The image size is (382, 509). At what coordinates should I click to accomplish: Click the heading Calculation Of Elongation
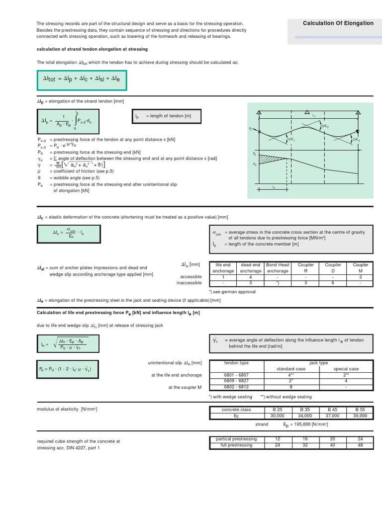point(338,23)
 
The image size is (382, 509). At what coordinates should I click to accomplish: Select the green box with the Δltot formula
point(82,80)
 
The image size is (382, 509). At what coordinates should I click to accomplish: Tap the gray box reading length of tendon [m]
point(168,116)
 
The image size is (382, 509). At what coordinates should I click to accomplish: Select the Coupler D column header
point(333,268)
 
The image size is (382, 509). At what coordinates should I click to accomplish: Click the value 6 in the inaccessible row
point(333,283)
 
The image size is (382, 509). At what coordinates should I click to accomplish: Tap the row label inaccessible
point(189,283)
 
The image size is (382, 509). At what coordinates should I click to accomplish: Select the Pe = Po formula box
point(68,370)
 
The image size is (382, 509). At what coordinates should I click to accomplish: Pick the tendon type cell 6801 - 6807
point(236,375)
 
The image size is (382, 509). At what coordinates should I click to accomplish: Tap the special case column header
point(346,369)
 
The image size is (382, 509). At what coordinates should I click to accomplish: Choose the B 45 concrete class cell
point(333,410)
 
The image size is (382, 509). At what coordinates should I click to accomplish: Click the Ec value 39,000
point(360,415)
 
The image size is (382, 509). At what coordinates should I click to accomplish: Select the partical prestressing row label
point(236,439)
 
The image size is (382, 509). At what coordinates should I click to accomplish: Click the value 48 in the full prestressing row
point(360,445)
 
